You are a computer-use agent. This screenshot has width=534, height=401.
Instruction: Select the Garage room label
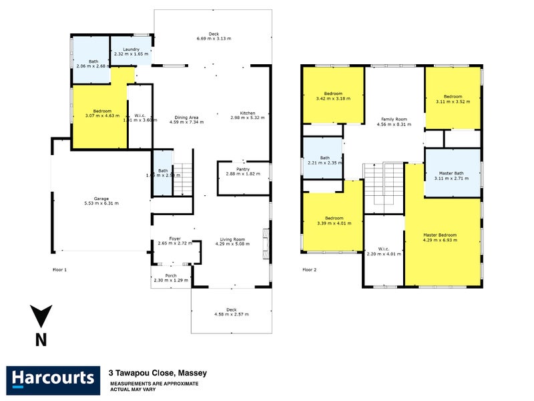(101, 198)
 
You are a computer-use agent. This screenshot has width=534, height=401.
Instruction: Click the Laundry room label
(131, 49)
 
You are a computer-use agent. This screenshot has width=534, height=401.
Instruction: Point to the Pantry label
(242, 169)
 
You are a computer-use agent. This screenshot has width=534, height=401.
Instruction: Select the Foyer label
(175, 239)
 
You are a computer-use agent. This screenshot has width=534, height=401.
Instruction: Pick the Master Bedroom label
(440, 235)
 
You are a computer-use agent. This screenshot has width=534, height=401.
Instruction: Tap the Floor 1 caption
(60, 270)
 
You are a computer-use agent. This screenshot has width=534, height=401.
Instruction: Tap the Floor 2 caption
(309, 270)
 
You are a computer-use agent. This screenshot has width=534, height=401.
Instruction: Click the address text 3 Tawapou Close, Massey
(158, 373)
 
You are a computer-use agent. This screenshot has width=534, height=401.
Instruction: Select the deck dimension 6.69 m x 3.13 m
(214, 39)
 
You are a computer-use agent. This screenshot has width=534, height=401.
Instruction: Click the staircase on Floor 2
(384, 186)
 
